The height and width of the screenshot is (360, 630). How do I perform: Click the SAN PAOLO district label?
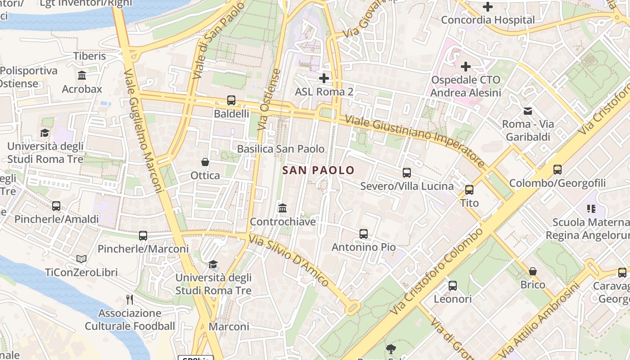[x=318, y=171]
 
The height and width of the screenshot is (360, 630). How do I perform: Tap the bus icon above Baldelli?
[x=231, y=100]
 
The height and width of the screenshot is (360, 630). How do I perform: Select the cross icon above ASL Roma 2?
[x=324, y=78]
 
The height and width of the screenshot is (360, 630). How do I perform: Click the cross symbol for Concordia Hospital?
[x=487, y=7]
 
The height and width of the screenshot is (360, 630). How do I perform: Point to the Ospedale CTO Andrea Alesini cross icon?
[x=465, y=67]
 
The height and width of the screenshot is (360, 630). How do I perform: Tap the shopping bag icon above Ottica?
[x=205, y=162]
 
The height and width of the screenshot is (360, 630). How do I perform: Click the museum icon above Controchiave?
[x=283, y=208]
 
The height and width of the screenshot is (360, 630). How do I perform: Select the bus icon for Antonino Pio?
[x=364, y=234]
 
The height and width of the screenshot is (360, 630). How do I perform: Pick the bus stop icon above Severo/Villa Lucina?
[x=407, y=173]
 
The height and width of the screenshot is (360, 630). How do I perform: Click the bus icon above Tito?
[x=469, y=190]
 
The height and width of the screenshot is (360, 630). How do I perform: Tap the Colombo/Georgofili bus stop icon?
[x=558, y=170]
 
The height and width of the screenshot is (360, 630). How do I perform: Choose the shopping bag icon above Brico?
[x=533, y=271]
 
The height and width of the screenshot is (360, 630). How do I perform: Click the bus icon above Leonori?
[x=453, y=286]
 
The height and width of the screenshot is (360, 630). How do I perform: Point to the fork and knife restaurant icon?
[x=130, y=299]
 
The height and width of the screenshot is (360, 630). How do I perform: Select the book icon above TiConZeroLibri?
[x=81, y=259]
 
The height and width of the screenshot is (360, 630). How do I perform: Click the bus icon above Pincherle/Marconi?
[x=143, y=235]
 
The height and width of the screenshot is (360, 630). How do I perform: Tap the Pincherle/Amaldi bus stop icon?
[x=56, y=206]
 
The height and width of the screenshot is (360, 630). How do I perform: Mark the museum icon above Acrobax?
[x=82, y=75]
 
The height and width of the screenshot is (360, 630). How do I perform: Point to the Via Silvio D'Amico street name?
[x=289, y=261]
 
